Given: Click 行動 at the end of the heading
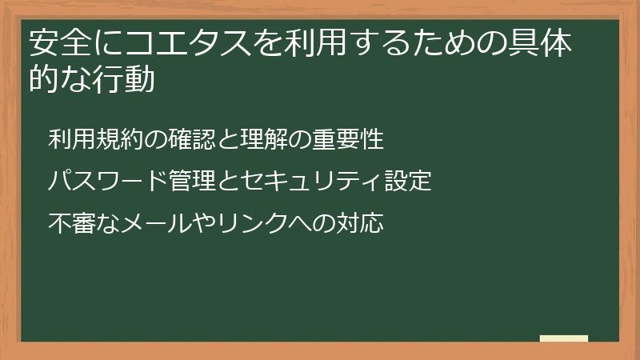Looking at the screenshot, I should (x=124, y=80).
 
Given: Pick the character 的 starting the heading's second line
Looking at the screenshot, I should (x=45, y=80).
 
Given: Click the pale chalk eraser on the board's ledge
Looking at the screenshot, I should (x=563, y=338).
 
